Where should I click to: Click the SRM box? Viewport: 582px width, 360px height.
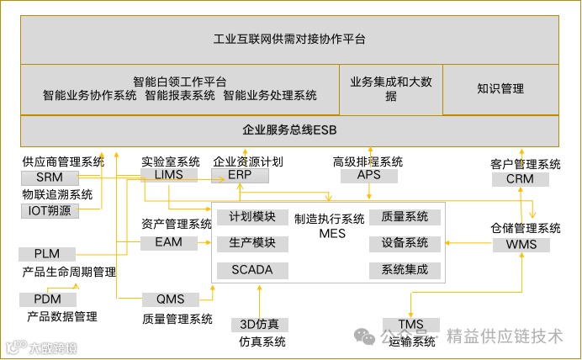tap(50, 177)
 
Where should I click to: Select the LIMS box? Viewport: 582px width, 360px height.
tap(168, 175)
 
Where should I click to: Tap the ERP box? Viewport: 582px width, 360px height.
tap(240, 175)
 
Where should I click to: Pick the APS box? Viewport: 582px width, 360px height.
tap(369, 176)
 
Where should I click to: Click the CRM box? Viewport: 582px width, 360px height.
tap(520, 179)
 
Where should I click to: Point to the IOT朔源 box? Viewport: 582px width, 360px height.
tap(50, 211)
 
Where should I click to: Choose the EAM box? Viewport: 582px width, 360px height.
tap(168, 242)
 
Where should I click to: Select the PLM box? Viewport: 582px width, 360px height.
tap(47, 254)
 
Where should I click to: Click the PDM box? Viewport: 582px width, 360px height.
tap(48, 299)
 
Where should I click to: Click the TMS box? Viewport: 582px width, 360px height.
tap(410, 325)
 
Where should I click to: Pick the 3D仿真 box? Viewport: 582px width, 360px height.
tap(261, 325)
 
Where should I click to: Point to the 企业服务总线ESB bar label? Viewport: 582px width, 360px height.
tap(289, 130)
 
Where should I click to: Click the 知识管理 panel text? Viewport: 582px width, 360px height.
tap(500, 88)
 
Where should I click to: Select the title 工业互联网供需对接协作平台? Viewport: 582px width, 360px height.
tap(289, 39)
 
